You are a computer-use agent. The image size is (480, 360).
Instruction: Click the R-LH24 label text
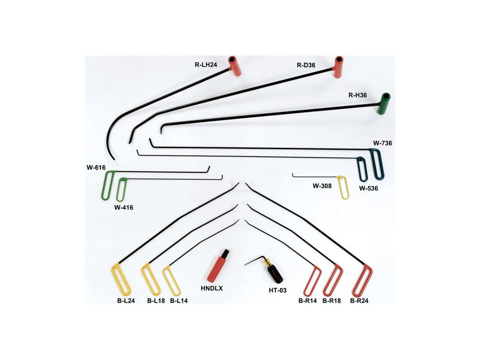pyautogui.click(x=206, y=65)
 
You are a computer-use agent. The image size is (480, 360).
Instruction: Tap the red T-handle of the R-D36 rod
pyautogui.click(x=339, y=67)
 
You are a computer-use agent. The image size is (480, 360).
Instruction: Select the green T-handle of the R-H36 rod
pyautogui.click(x=383, y=104)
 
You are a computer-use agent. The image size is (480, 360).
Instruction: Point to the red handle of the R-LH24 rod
pyautogui.click(x=234, y=66)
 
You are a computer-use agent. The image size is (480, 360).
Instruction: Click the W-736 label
pyautogui.click(x=382, y=143)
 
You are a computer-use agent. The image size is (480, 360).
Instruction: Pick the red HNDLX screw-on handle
pyautogui.click(x=218, y=266)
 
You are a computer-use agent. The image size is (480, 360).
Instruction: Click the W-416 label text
pyautogui.click(x=123, y=208)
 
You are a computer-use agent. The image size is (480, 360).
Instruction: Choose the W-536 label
pyautogui.click(x=368, y=188)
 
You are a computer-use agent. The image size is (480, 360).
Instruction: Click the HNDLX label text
pyautogui.click(x=212, y=289)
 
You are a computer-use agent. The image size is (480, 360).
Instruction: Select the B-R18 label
pyautogui.click(x=331, y=301)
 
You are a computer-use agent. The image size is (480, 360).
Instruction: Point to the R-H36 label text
pyautogui.click(x=358, y=95)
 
